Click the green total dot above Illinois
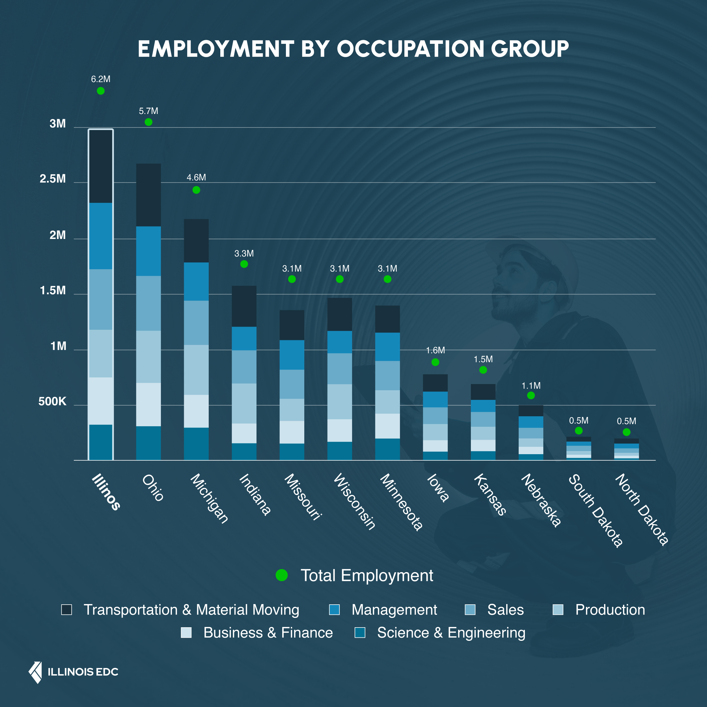(x=101, y=91)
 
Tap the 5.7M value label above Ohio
(x=148, y=111)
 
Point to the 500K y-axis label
(x=52, y=402)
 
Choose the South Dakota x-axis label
(x=595, y=510)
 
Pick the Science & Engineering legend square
(x=360, y=633)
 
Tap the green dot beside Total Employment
(x=281, y=575)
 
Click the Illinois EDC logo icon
(x=36, y=672)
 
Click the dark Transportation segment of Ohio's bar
(x=148, y=195)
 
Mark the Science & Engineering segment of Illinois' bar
(x=101, y=442)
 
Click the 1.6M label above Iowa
(x=435, y=350)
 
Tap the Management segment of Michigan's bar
(x=196, y=281)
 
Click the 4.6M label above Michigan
(x=196, y=178)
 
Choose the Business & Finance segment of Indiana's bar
(x=244, y=433)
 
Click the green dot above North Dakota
(x=626, y=432)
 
